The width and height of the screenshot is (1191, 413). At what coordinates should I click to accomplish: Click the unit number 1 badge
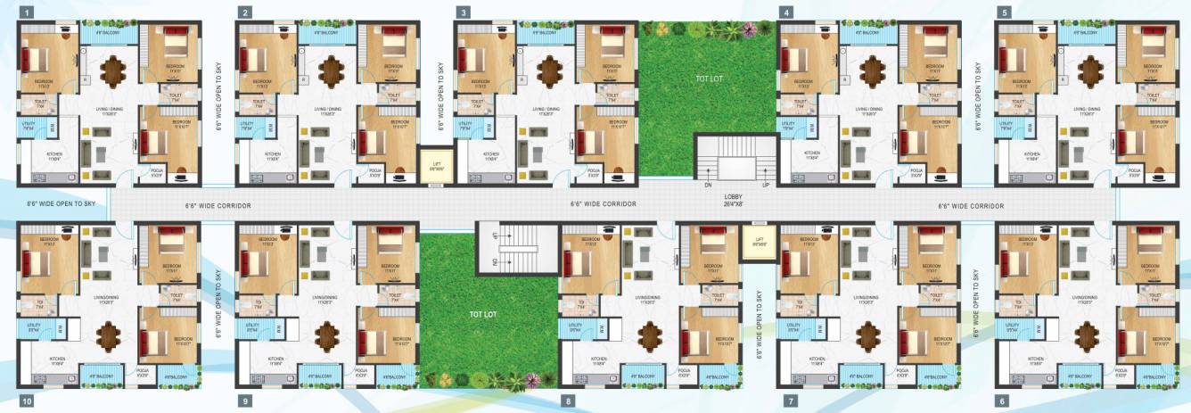pos(29,12)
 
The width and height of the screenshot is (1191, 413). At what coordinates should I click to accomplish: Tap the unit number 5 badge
pos(1006,12)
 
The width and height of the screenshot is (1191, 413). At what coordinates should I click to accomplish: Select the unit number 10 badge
pos(27,401)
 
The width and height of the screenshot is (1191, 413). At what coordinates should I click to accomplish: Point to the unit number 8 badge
pos(568,401)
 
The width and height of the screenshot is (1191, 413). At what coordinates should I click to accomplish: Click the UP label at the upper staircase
pos(764,186)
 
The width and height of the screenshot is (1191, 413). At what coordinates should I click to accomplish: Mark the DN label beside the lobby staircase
pos(707,186)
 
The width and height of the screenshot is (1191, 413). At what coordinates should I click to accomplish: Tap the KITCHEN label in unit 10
pos(55,362)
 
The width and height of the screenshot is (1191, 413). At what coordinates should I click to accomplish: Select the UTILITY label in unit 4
pos(788,125)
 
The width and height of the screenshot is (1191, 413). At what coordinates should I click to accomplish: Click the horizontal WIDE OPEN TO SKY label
pos(61,204)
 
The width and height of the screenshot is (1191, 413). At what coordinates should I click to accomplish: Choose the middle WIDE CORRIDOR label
pos(604,204)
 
